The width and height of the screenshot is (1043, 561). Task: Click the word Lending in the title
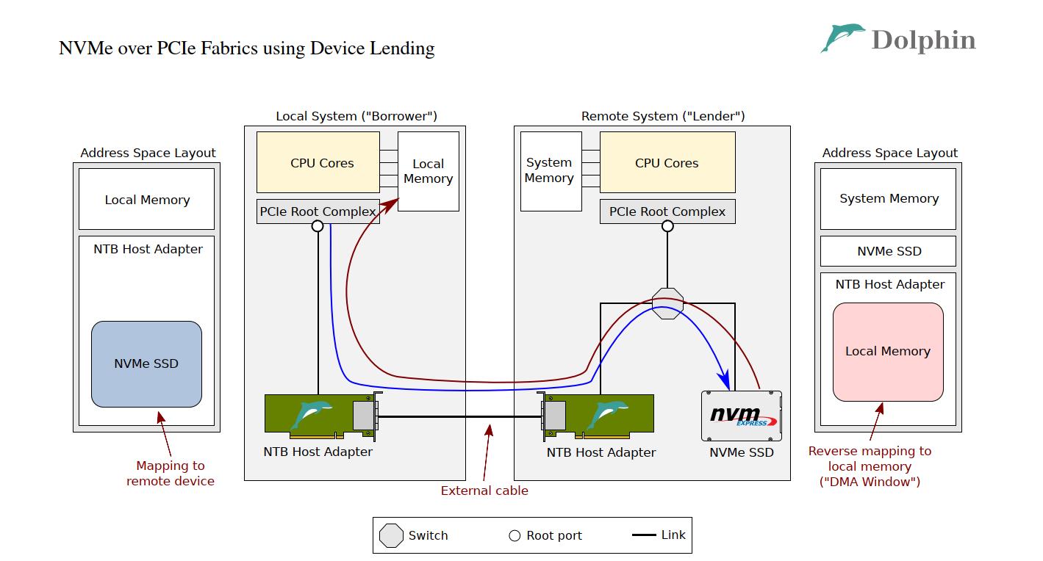pyautogui.click(x=404, y=48)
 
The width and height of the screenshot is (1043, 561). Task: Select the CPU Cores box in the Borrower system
pyautogui.click(x=318, y=162)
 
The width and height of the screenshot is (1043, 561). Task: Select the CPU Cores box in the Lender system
pyautogui.click(x=667, y=162)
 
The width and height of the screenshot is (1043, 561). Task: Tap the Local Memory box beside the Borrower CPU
pyautogui.click(x=429, y=171)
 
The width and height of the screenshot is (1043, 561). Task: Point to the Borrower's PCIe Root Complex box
pyautogui.click(x=318, y=211)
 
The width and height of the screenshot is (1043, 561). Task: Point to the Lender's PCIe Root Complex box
pyautogui.click(x=667, y=211)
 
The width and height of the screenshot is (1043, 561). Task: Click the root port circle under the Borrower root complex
pyautogui.click(x=318, y=226)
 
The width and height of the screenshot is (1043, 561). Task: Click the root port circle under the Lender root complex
pyautogui.click(x=667, y=226)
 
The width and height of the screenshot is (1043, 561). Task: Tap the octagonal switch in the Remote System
pyautogui.click(x=667, y=303)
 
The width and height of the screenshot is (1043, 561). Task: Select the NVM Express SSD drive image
pyautogui.click(x=741, y=416)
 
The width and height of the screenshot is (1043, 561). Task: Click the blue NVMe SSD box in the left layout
pyautogui.click(x=146, y=363)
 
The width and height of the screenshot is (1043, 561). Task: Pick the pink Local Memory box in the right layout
pyautogui.click(x=888, y=352)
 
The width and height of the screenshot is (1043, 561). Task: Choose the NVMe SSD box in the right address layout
pyautogui.click(x=888, y=251)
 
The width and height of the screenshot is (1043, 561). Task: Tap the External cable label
pyautogui.click(x=484, y=491)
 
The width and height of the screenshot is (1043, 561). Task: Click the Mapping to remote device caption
pyautogui.click(x=171, y=474)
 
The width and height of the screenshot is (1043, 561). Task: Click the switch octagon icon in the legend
pyautogui.click(x=391, y=535)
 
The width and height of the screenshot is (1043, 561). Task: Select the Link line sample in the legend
pyautogui.click(x=644, y=535)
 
